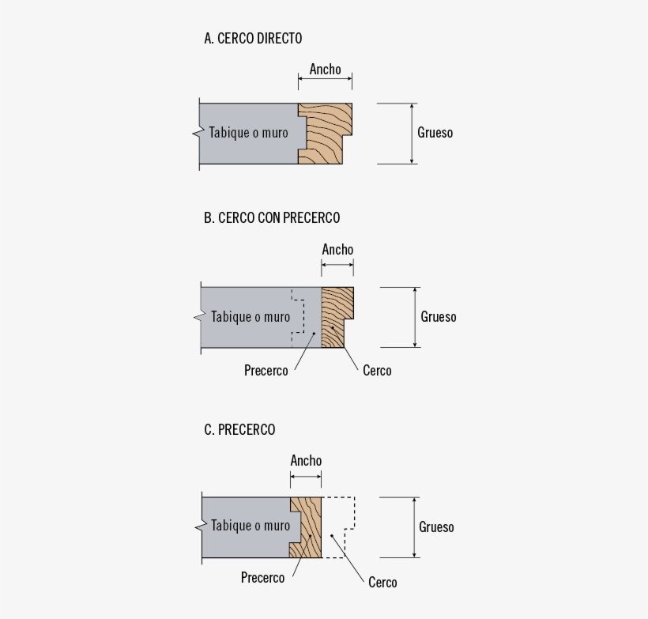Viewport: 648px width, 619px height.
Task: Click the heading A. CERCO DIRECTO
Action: click(253, 38)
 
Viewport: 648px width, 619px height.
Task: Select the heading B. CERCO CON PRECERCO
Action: click(272, 217)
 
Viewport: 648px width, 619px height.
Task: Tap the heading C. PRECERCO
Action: click(239, 429)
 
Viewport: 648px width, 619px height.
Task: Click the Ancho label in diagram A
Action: click(325, 70)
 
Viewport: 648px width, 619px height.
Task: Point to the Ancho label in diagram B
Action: click(337, 250)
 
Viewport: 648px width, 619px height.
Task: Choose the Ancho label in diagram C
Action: click(306, 460)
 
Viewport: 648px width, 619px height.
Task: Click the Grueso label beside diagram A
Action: click(435, 133)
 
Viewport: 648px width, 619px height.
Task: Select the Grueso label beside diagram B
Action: click(439, 317)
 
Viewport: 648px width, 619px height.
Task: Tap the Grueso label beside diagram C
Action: click(437, 527)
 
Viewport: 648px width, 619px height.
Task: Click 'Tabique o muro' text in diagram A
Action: click(248, 133)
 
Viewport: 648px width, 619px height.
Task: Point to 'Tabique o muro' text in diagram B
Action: click(251, 317)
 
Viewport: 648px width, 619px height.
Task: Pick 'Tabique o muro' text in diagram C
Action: click(251, 526)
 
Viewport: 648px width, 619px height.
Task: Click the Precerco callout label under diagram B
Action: click(266, 370)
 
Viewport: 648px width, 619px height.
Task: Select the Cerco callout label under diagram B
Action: click(377, 370)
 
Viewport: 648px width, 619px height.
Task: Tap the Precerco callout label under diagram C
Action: click(262, 578)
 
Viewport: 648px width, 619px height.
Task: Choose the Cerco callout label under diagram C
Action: click(382, 583)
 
